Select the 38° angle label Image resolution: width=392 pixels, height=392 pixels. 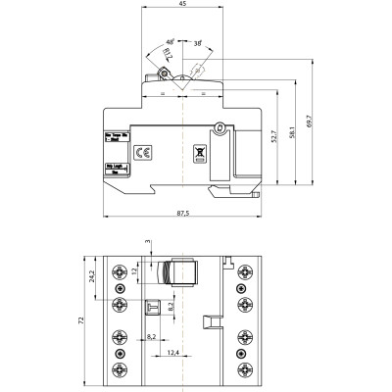pos(197,43)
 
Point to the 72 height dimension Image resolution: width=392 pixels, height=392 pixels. pos(83,320)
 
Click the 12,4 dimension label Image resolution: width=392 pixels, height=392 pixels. pos(171,352)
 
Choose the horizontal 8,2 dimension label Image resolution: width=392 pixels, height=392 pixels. pos(151,336)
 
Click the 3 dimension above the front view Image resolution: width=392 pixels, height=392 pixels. pos(148,238)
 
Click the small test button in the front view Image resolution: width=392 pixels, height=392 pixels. pos(154,308)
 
